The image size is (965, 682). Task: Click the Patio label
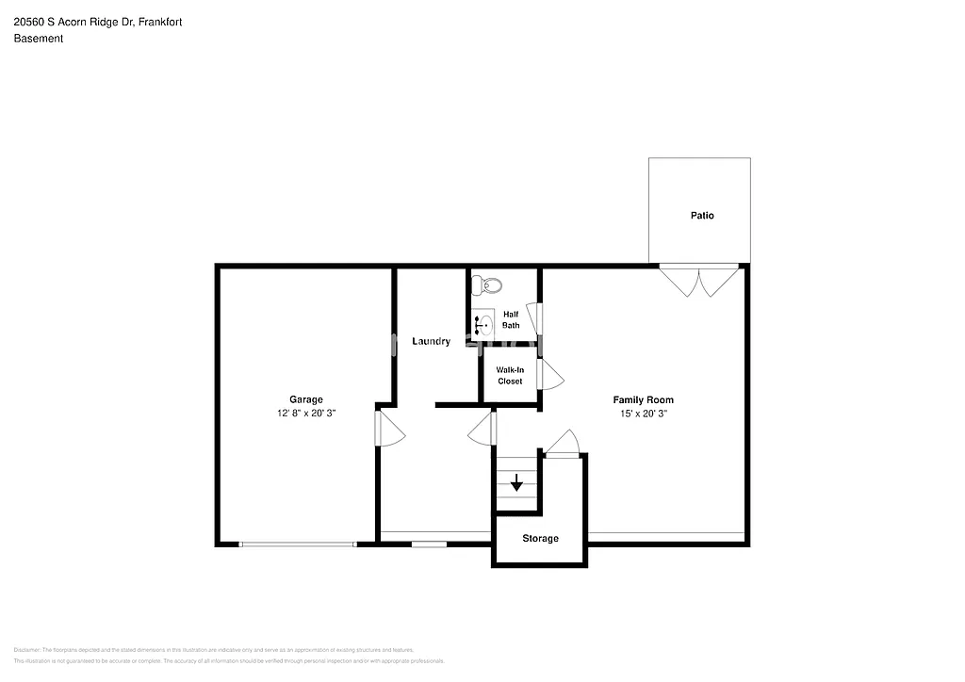pos(701,216)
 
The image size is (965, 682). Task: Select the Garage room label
pos(305,399)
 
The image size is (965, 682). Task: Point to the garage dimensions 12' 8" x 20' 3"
pos(305,414)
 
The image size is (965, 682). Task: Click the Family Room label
pos(643,399)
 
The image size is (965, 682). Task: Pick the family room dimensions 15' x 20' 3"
pos(643,414)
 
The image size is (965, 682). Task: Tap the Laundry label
pos(431,341)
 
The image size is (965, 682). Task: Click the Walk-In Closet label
pos(510,375)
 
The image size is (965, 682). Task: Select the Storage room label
pos(540,539)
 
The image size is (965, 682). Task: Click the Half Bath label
pos(510,319)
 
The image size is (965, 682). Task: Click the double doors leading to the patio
pos(699,280)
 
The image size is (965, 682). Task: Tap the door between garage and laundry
pos(388,429)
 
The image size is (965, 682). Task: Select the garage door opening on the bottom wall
pos(298,544)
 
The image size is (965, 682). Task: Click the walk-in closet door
pos(548,375)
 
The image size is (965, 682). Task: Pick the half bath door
pos(534,318)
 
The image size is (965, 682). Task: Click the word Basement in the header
pos(39,39)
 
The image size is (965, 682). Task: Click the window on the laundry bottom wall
pos(429,544)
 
